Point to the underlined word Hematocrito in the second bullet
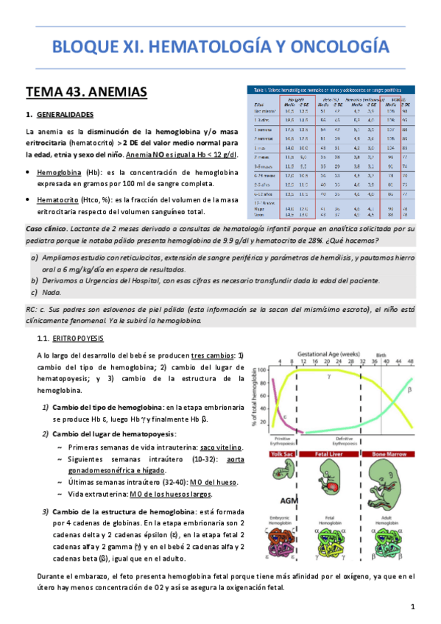(x=58, y=199)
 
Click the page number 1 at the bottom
(x=413, y=606)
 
